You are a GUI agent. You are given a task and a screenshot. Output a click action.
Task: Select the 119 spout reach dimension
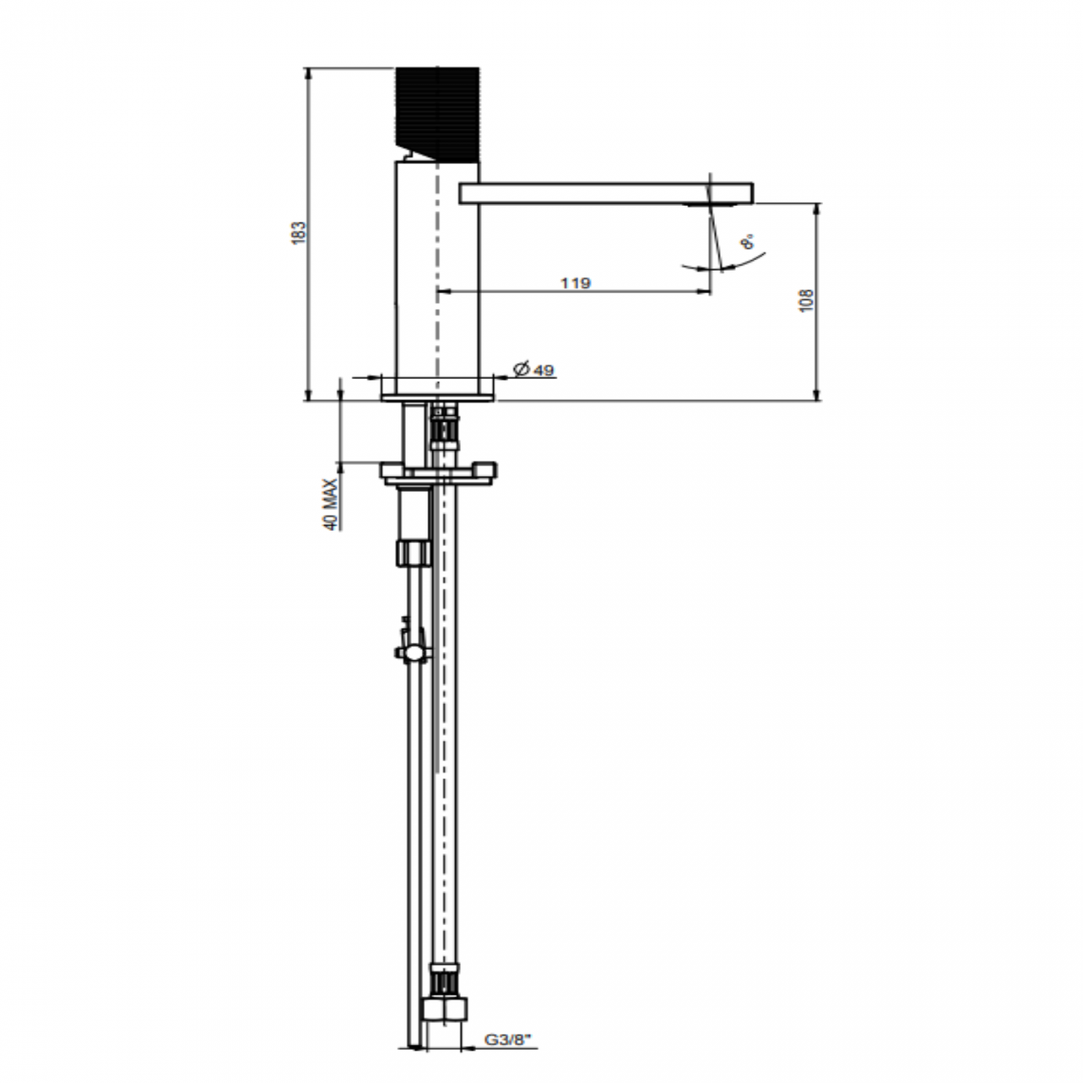pos(575,282)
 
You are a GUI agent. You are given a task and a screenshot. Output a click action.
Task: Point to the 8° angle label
pos(747,242)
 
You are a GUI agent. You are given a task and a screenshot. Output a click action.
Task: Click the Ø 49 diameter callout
pos(534,369)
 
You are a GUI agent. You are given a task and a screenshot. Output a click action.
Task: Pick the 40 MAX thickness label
pos(331,505)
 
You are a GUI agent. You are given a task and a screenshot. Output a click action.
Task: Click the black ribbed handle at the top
pos(437,112)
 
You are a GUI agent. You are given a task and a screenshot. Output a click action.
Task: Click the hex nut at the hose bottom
pos(446,1009)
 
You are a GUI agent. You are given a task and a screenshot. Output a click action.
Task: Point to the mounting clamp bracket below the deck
pos(438,472)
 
